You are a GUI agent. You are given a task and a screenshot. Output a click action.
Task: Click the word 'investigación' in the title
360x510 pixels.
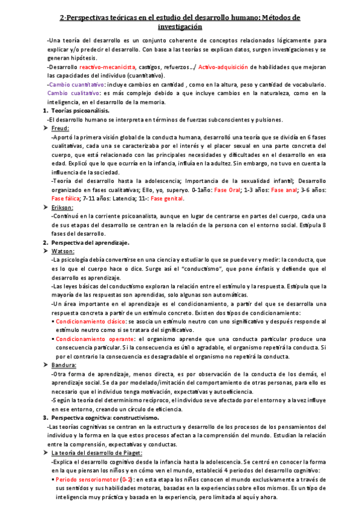180,27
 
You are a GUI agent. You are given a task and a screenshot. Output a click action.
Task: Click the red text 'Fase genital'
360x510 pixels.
166,198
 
